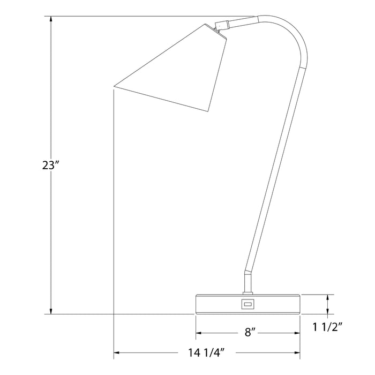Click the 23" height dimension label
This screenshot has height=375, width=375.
tap(50, 165)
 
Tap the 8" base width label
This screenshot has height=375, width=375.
tap(250, 332)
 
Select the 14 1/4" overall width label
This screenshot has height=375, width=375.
tap(206, 352)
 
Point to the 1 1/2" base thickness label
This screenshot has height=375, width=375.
tap(328, 327)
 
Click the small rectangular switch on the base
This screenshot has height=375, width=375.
tap(247, 304)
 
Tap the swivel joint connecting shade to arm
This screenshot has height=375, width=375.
tap(222, 25)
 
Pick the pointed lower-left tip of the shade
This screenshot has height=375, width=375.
tap(114, 86)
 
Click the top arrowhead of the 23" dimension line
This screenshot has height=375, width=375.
tap(51, 20)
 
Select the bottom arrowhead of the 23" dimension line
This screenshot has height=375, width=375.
tap(51, 311)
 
